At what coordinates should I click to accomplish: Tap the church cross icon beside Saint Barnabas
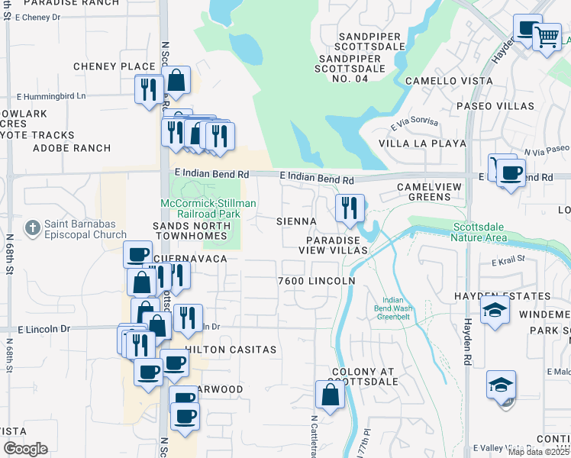tap(32, 227)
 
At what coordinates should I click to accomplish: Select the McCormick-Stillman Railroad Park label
tap(208, 208)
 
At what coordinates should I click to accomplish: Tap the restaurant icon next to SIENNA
tap(350, 208)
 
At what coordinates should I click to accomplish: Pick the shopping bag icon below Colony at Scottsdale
tap(330, 396)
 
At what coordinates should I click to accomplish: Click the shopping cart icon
tap(547, 36)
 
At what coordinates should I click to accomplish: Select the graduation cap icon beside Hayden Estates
tap(495, 311)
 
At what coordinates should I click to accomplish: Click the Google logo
tap(25, 449)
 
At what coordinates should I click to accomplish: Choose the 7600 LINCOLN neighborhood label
tap(317, 281)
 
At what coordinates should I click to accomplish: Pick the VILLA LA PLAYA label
tap(422, 143)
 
